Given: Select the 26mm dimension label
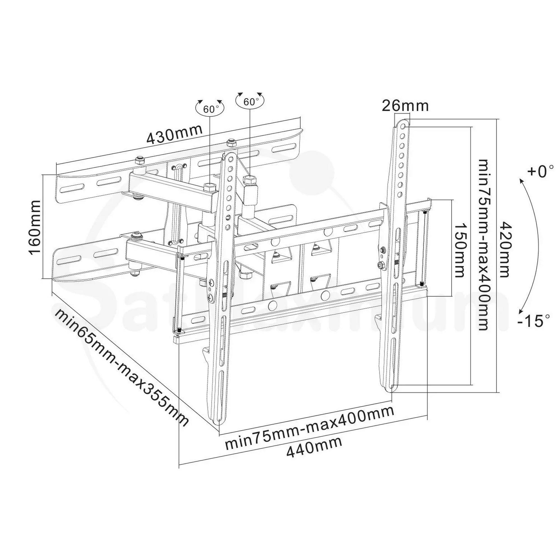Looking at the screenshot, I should coord(405,106).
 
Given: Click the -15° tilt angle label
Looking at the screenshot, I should coord(534,321).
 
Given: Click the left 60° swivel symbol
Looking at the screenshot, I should coord(210,109).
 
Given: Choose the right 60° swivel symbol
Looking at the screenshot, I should coord(250,101).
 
